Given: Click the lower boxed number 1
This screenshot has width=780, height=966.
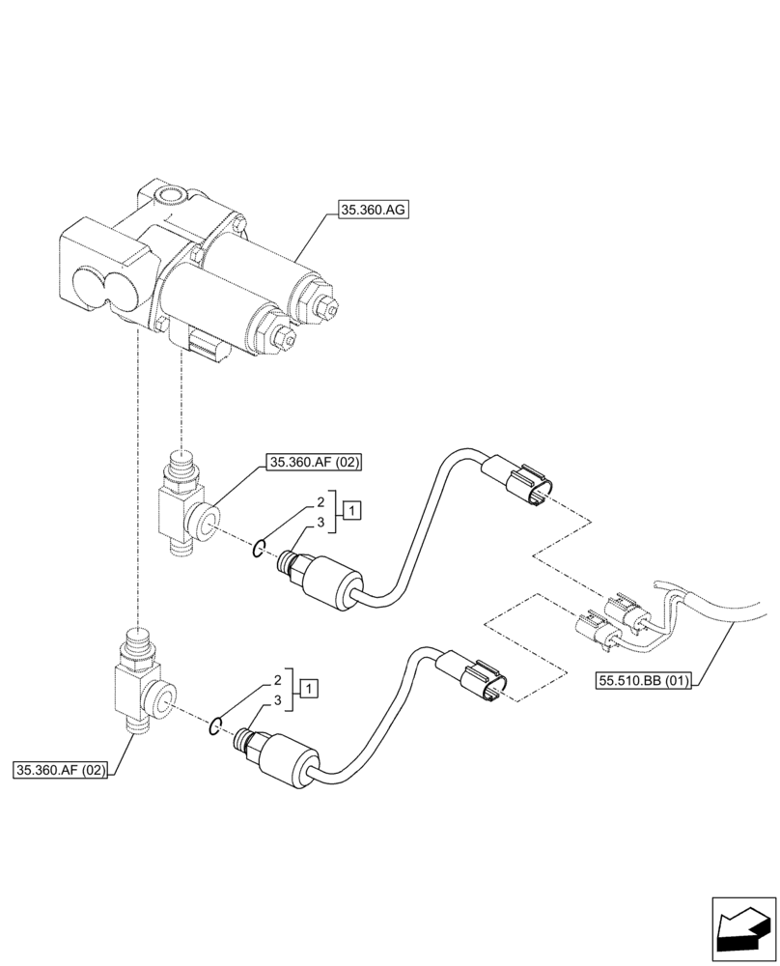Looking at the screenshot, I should coord(308,689).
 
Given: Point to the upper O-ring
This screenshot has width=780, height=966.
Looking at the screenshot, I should coord(259,550).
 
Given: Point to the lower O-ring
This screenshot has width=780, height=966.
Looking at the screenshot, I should coord(217,727).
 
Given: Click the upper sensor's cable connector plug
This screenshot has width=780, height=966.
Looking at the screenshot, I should coord(522,482).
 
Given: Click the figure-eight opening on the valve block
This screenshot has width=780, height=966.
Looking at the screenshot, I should coord(101,287).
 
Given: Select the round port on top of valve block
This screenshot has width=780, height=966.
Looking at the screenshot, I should coord(173,197).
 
